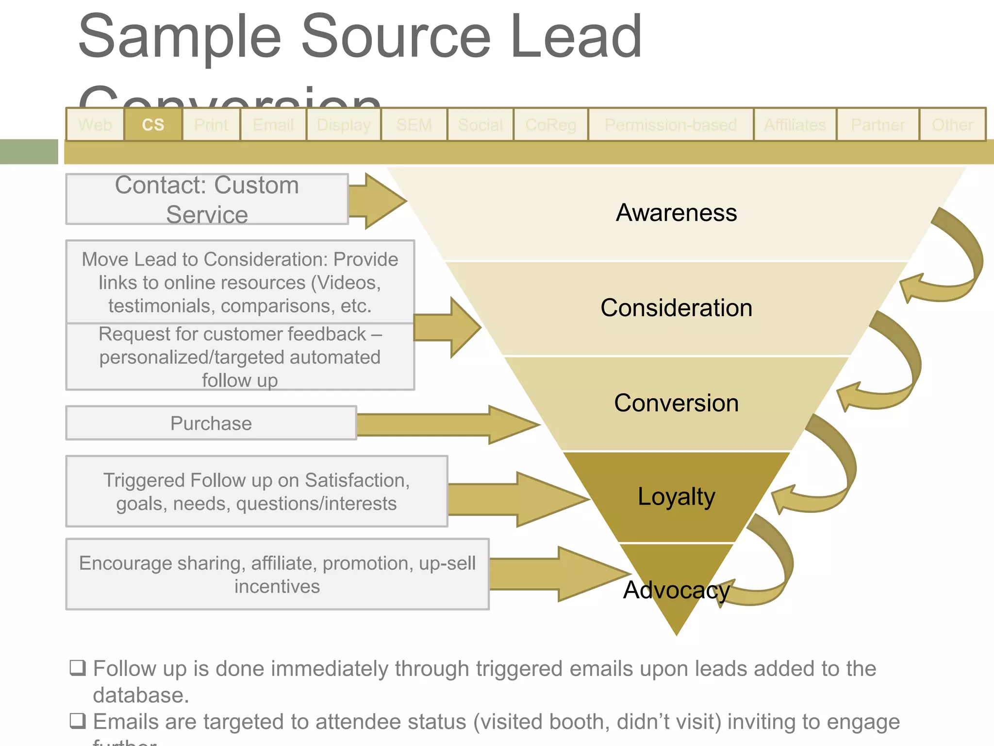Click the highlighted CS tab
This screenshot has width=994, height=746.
153,125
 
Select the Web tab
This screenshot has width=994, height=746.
95,125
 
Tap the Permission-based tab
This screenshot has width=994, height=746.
670,125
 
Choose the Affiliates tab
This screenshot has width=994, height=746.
795,125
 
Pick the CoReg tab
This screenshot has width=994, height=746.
550,125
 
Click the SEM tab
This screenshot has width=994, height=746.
414,125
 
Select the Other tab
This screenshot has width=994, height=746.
952,125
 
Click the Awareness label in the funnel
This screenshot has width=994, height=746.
676,213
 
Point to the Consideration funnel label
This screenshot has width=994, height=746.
676,308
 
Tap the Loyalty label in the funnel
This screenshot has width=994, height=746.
676,496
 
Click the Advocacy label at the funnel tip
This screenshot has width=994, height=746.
676,590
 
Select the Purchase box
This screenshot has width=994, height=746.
211,423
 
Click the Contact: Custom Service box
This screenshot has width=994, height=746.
207,199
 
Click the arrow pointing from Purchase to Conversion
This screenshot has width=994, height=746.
447,424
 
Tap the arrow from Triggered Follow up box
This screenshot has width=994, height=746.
519,499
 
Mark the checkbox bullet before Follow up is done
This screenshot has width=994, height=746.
78,668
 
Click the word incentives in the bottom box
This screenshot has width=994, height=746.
277,586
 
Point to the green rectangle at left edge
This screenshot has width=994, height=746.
29,152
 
